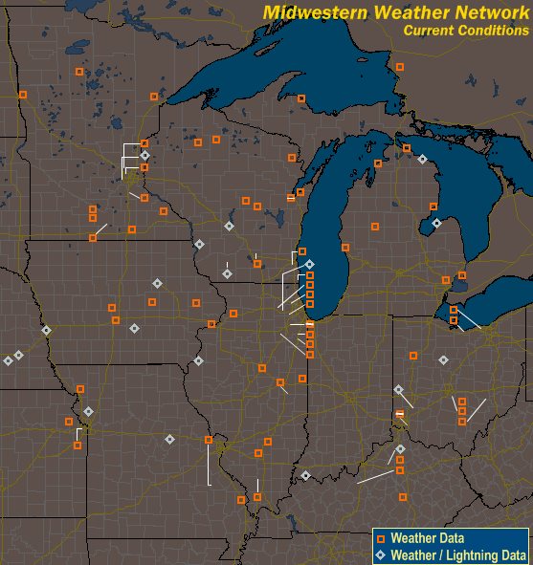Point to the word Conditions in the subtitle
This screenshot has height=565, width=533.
[493, 30]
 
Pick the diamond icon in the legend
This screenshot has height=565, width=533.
[381, 554]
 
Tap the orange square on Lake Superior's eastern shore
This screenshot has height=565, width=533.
[400, 67]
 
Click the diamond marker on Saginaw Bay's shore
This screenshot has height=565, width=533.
[436, 223]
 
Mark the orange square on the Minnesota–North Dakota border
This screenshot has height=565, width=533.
[23, 94]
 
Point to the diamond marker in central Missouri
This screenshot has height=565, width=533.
[169, 440]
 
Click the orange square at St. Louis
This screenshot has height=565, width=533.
[209, 440]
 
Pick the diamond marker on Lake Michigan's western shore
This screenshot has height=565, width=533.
[309, 264]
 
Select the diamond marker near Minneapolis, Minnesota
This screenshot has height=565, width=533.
[144, 155]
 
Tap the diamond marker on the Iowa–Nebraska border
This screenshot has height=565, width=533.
[46, 331]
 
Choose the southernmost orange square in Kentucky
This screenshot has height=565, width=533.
[403, 497]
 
